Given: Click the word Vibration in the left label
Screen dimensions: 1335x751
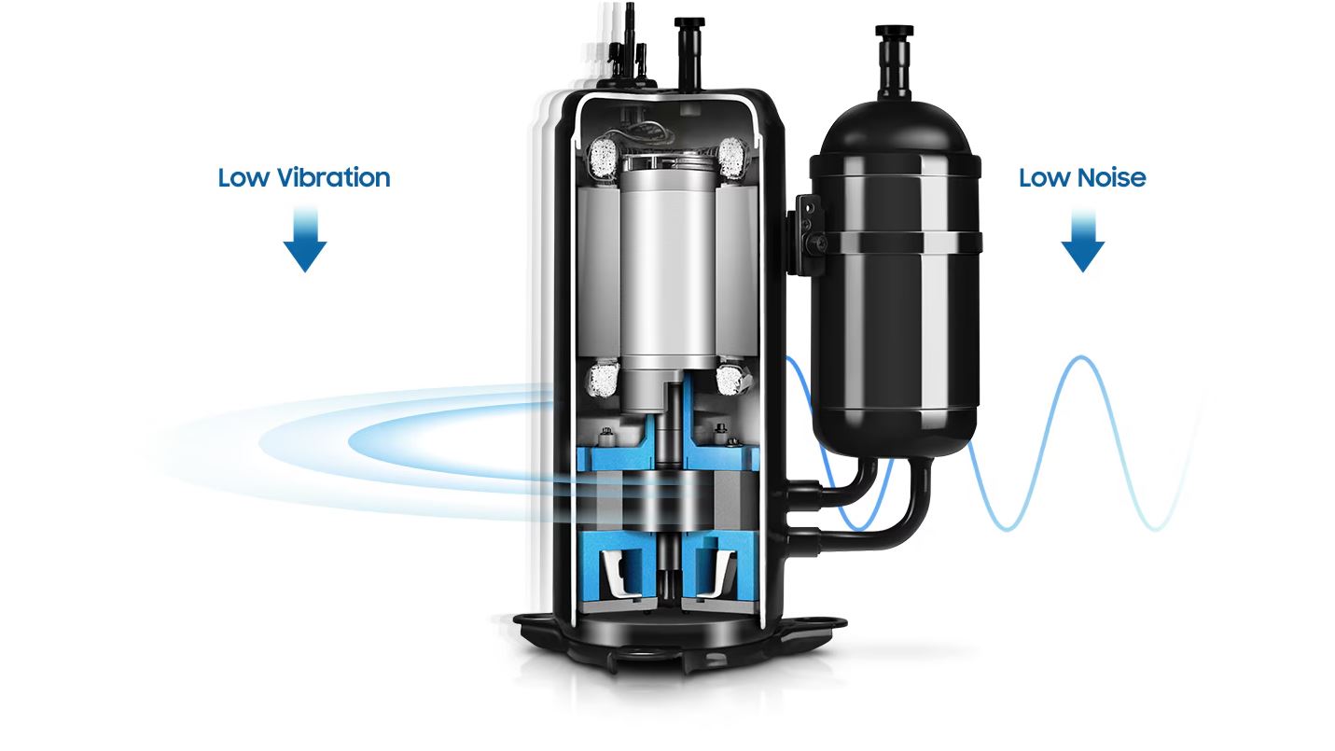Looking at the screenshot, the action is tap(334, 177).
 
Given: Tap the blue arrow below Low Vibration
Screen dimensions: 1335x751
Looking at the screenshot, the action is tap(305, 240).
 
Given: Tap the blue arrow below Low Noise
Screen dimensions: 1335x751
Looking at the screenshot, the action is tap(1083, 240).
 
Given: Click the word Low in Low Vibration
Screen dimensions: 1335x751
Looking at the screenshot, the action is tap(243, 177).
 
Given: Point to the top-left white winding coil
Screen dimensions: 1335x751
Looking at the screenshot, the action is tap(603, 159).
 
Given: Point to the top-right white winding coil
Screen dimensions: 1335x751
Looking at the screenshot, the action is tap(731, 158).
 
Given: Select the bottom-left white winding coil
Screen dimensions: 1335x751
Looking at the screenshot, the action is tap(605, 379).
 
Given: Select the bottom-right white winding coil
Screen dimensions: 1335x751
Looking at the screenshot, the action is tap(730, 379).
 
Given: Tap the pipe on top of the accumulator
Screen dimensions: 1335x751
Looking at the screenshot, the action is tap(894, 63).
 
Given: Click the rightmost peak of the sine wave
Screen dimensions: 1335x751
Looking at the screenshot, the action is tap(1081, 357).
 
